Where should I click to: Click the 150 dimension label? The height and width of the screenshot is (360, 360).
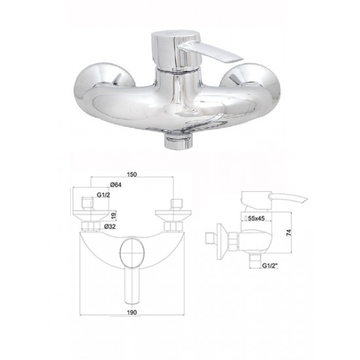pos(132,174)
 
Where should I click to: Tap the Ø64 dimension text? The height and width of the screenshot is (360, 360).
pos(116,185)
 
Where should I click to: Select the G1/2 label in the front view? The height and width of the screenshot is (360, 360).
pos(103,195)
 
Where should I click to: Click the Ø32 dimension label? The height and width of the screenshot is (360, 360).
pos(110,226)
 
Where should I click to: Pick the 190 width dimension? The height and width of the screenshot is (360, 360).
pos(132,312)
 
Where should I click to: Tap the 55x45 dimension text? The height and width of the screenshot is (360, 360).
pos(255,219)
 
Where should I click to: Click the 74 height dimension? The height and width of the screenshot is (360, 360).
pos(289,232)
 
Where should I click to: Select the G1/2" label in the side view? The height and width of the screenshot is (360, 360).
pos(270,266)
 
